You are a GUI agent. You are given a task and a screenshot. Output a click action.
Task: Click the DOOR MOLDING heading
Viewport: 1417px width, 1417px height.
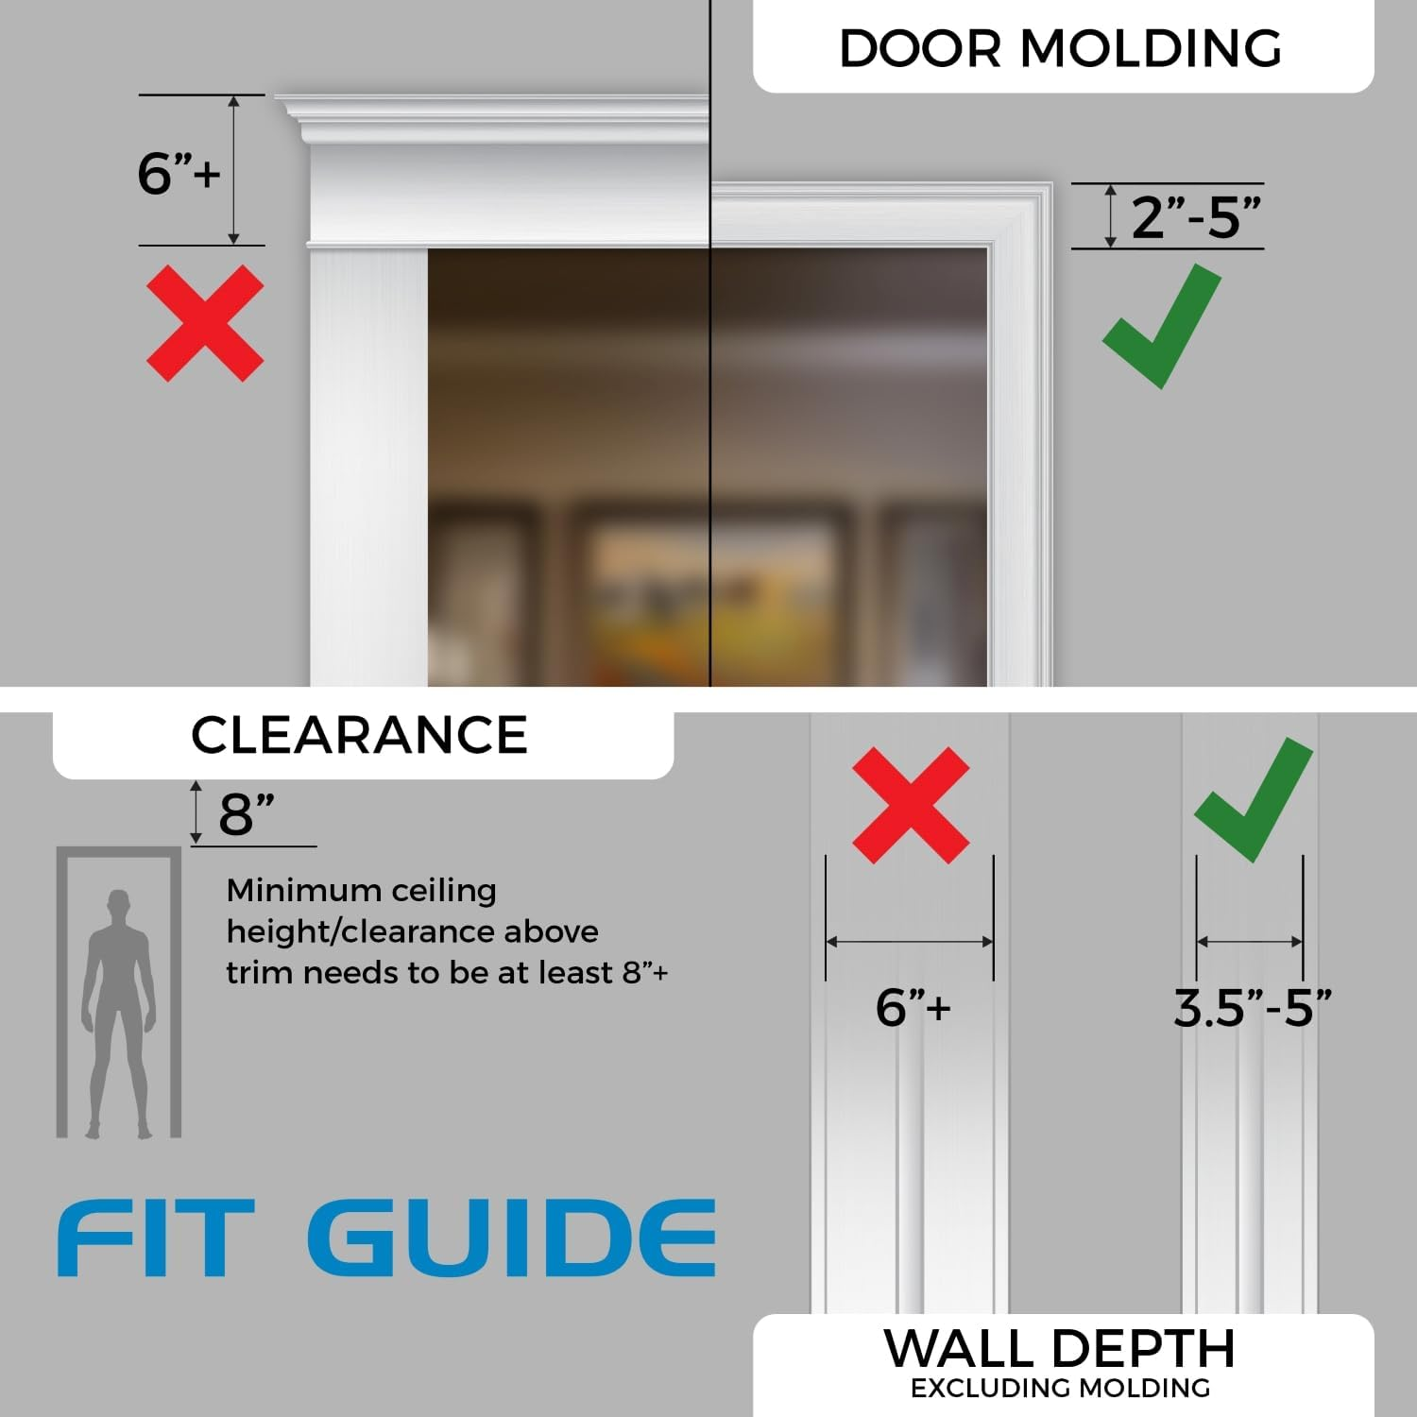coord(1060,48)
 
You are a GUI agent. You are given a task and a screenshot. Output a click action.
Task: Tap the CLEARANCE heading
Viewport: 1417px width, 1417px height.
coord(359,735)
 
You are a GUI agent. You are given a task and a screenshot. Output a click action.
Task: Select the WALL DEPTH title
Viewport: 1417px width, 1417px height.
coord(1059,1348)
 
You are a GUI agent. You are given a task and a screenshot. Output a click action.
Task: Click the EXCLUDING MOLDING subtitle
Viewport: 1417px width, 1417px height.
coord(1060,1388)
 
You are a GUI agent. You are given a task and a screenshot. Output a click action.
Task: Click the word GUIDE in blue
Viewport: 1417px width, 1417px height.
coord(511,1238)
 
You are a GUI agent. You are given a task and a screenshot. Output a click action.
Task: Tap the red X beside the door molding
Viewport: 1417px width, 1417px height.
coord(205,323)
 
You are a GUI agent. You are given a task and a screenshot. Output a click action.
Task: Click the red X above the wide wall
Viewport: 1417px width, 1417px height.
coord(911,805)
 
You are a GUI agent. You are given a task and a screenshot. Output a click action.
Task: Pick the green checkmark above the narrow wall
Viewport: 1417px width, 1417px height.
coord(1253,799)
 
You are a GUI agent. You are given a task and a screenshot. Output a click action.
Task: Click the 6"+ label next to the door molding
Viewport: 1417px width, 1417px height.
coord(179,173)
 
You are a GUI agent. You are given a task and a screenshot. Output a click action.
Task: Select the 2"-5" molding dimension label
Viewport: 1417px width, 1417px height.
coord(1195,217)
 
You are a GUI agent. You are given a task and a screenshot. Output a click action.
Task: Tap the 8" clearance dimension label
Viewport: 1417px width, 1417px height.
coord(247,813)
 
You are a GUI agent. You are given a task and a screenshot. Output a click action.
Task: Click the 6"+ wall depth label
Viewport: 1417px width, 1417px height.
coord(913,1007)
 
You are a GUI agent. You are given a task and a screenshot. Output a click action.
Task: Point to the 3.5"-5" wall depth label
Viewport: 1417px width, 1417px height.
coord(1252,1008)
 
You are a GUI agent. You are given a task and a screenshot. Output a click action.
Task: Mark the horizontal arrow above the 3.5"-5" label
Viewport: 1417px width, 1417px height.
coord(1250,942)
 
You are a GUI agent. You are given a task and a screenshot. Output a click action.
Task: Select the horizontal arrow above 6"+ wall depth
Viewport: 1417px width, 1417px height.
coord(910,942)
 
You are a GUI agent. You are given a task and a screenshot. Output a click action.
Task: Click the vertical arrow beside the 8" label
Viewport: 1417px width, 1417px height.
coord(196,812)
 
